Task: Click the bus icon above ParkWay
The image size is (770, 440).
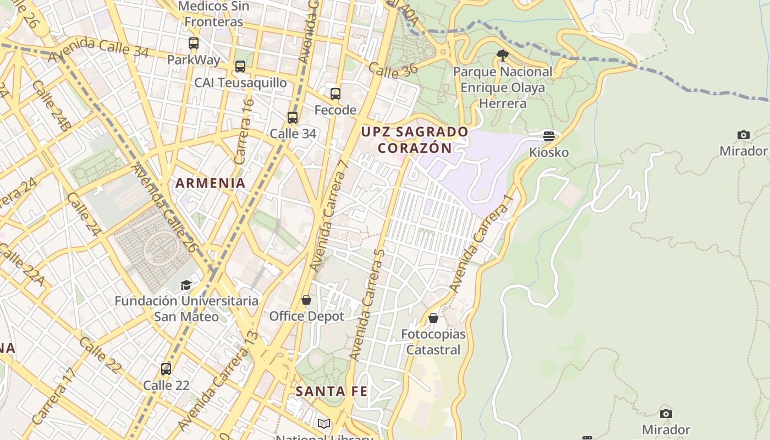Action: pyautogui.click(x=193, y=43)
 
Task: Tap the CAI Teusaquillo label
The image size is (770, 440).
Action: pyautogui.click(x=240, y=82)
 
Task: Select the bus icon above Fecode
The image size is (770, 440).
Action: pyautogui.click(x=335, y=94)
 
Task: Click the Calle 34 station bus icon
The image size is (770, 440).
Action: pyautogui.click(x=293, y=118)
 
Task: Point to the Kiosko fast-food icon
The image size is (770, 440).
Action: pyautogui.click(x=548, y=136)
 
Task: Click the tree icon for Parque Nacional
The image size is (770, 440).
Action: pyautogui.click(x=502, y=55)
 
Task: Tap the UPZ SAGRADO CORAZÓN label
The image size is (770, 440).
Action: pyautogui.click(x=415, y=140)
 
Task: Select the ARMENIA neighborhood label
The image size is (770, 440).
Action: pyautogui.click(x=210, y=183)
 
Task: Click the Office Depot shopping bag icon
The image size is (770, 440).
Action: pyautogui.click(x=306, y=300)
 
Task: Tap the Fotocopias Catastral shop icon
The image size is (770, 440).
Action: pyautogui.click(x=433, y=318)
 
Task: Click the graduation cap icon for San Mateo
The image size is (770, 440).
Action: pyautogui.click(x=186, y=285)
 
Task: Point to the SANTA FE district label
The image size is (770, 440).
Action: pyautogui.click(x=331, y=392)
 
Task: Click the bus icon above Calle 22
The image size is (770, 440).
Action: pyautogui.click(x=166, y=369)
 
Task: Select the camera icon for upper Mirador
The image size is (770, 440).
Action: pyautogui.click(x=743, y=135)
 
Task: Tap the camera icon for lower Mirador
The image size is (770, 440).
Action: pyautogui.click(x=665, y=414)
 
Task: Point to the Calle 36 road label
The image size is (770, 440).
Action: pyautogui.click(x=393, y=69)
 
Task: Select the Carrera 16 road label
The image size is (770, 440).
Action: pyautogui.click(x=244, y=131)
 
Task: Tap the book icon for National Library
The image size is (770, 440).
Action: pyautogui.click(x=324, y=424)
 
